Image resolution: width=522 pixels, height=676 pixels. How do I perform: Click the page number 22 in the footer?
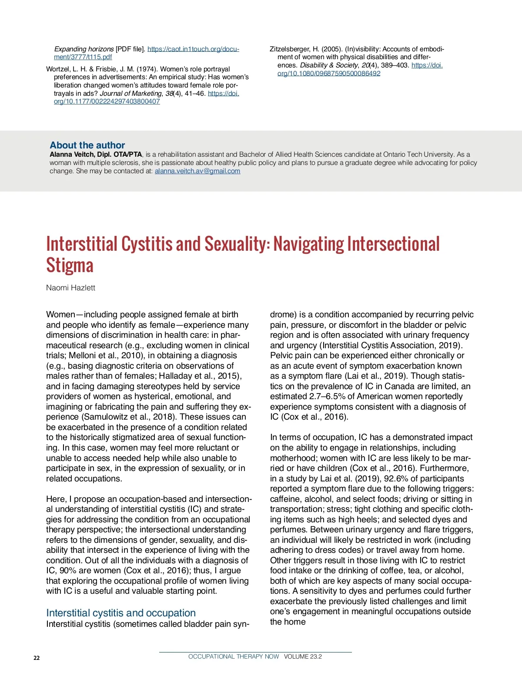[37, 658]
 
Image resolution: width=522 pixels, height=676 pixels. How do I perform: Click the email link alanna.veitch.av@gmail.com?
[197, 171]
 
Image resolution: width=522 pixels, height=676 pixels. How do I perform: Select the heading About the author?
[87, 145]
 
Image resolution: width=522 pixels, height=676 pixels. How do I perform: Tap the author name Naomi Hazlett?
[70, 288]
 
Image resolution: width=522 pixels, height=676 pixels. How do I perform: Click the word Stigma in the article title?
[70, 266]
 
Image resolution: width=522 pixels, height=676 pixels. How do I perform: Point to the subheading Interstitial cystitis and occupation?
[121, 613]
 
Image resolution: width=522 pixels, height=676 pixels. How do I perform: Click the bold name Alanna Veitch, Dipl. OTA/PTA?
[96, 155]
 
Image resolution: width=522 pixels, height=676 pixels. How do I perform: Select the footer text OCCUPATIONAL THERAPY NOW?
[234, 656]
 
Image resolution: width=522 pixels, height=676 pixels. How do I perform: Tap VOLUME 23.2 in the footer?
[303, 656]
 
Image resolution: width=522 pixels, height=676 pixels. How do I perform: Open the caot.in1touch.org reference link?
[193, 49]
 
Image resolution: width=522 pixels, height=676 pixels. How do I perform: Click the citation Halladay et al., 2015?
[199, 376]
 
